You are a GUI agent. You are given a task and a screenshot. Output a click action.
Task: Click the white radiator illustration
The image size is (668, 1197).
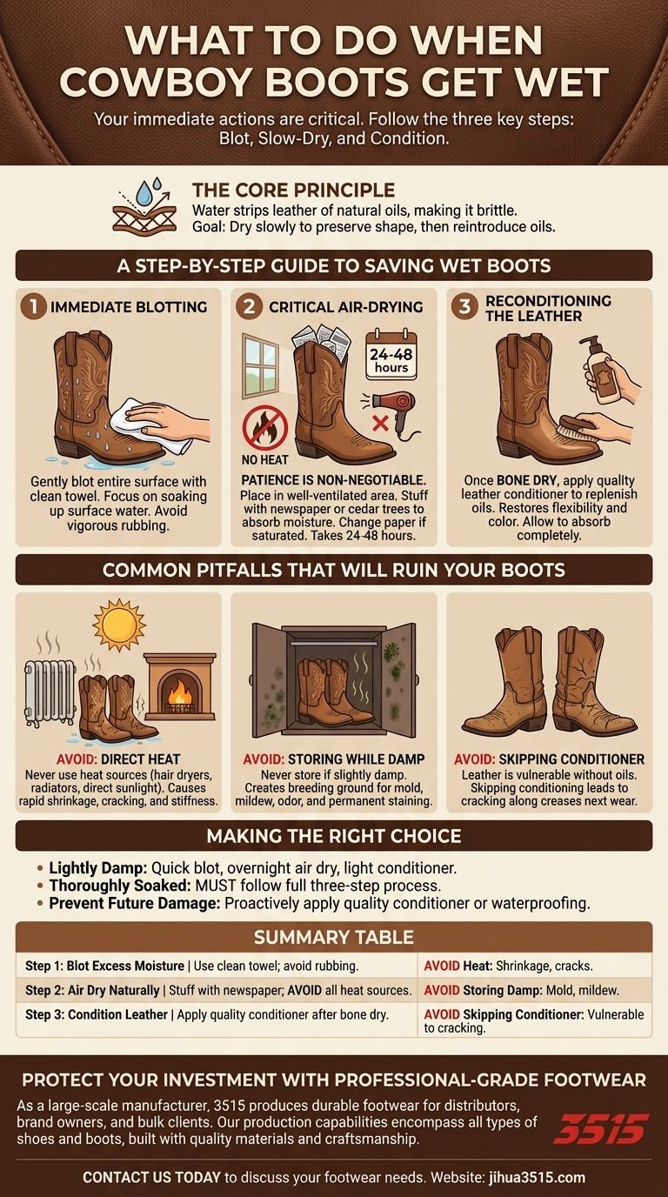(49, 692)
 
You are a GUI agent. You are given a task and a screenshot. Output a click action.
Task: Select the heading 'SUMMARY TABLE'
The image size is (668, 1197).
(334, 938)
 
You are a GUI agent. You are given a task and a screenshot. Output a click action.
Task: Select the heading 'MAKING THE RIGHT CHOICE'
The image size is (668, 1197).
(334, 837)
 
